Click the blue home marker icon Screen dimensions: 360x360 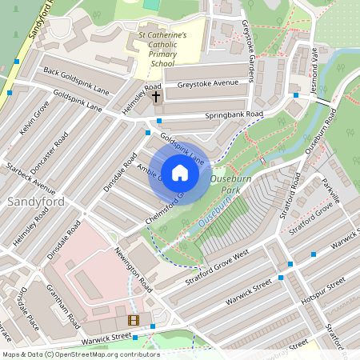tap(180, 172)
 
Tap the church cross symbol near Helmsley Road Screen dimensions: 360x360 tap(155, 96)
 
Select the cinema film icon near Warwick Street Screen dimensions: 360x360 tap(133, 320)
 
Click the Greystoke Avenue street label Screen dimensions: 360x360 tap(208, 83)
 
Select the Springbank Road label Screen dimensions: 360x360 tap(234, 114)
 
